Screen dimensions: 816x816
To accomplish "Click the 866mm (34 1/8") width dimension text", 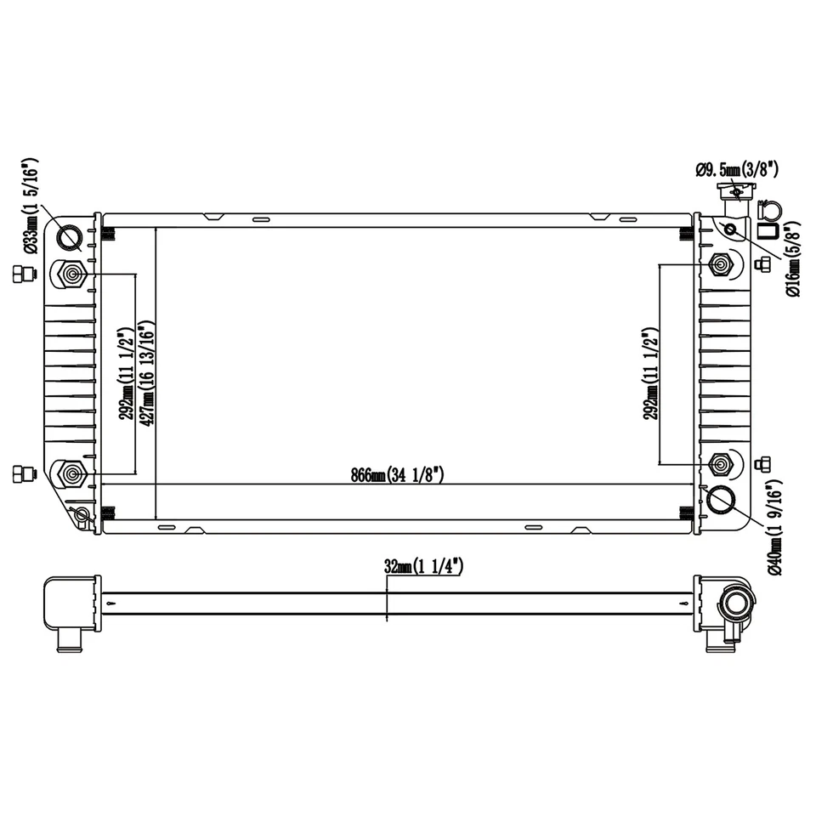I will (397, 475).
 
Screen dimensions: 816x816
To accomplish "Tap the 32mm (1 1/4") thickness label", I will (422, 567).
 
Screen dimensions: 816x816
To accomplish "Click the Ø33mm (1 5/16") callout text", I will (30, 207).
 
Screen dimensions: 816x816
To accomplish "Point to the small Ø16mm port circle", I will (730, 229).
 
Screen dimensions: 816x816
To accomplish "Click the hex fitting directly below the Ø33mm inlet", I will (71, 274).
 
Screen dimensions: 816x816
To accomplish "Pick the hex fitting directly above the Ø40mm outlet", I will (721, 463).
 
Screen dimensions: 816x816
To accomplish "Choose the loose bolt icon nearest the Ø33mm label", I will (21, 274).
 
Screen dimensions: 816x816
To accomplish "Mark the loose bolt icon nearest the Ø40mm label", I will (762, 463).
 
